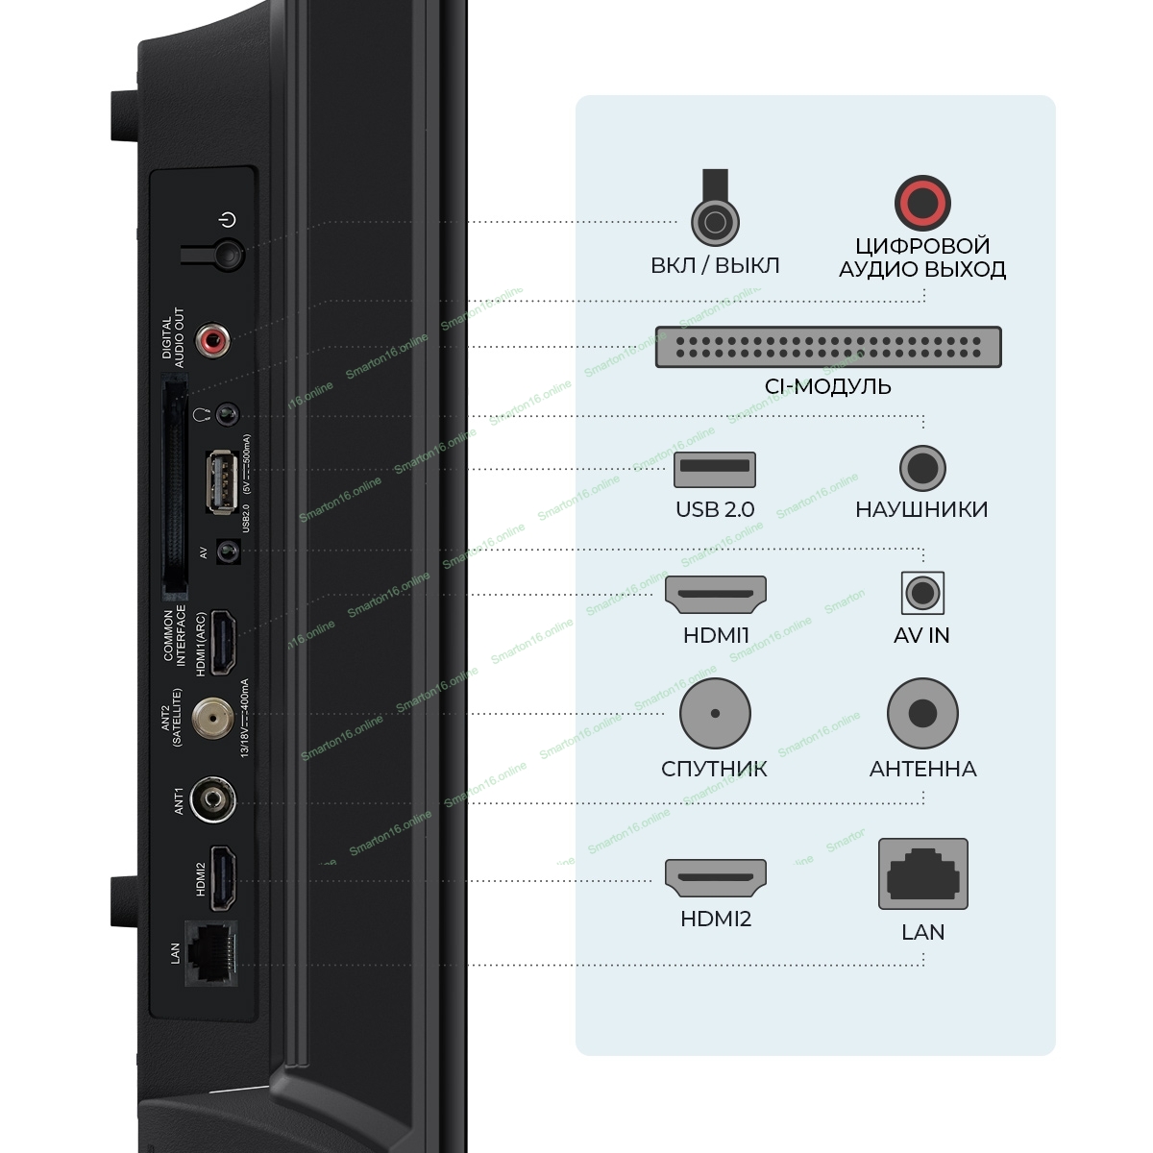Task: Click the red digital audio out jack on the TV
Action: point(213,339)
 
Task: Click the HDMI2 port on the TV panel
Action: point(223,878)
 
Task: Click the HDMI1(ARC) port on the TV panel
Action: point(223,642)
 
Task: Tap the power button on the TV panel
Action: point(229,255)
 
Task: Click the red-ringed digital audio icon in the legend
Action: point(922,203)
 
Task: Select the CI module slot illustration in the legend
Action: point(827,347)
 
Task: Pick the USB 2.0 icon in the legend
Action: point(715,470)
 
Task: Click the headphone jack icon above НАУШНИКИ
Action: point(922,469)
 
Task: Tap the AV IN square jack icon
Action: point(922,593)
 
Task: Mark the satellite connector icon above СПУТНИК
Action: point(715,713)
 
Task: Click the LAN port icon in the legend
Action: point(922,874)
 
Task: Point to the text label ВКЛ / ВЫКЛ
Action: point(715,265)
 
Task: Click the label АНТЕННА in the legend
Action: point(922,769)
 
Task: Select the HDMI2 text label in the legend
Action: point(715,919)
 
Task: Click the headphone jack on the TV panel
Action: point(227,415)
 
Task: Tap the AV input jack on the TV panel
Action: point(228,552)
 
